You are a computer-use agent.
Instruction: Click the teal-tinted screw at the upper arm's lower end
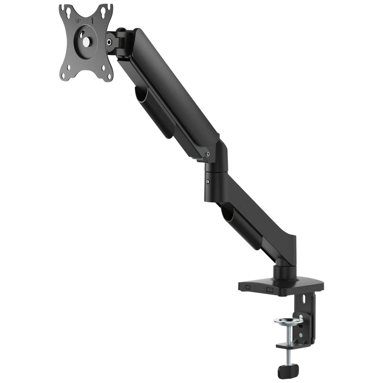(207, 154)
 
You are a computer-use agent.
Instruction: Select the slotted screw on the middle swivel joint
(207, 182)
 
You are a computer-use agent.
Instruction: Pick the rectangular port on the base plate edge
(270, 290)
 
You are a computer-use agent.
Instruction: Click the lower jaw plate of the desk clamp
(288, 347)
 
